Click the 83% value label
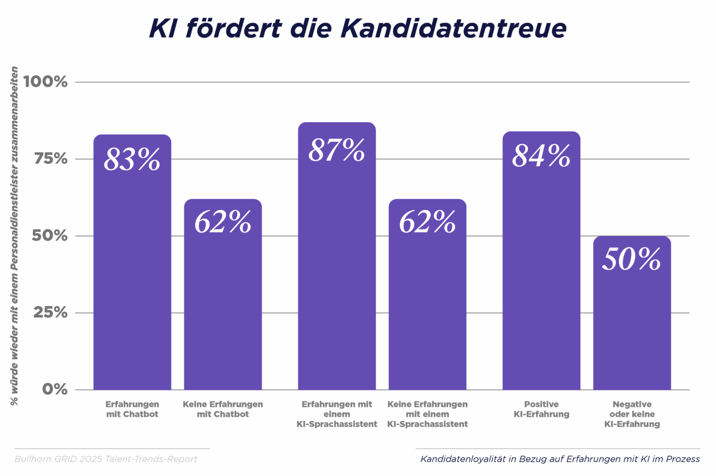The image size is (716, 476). (132, 159)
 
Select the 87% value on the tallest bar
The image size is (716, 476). (337, 150)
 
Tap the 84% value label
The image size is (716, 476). (541, 156)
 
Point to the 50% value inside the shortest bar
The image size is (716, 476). (631, 259)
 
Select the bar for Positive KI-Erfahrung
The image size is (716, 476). (541, 279)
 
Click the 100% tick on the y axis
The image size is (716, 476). (45, 82)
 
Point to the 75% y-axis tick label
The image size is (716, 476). (50, 159)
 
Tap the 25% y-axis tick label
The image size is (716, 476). (50, 313)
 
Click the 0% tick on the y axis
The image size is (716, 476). (55, 389)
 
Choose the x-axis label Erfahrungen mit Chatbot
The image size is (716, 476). (132, 409)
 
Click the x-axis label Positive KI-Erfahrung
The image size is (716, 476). (541, 409)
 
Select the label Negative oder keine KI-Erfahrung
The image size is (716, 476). (632, 414)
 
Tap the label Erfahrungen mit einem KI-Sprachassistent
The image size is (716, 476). (337, 414)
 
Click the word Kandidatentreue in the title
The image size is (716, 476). (453, 28)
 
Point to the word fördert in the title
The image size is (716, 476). (233, 28)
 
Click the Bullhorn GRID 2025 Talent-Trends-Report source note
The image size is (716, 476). (106, 459)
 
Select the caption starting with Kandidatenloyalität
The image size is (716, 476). (560, 459)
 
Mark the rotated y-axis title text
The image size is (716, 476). (14, 236)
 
